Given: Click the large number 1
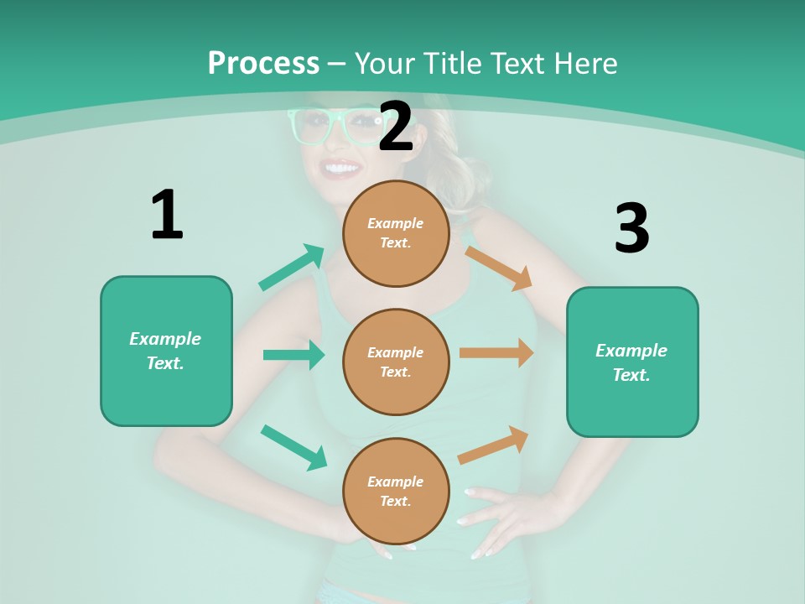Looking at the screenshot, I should click(167, 215).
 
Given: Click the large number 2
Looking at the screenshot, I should click(396, 127).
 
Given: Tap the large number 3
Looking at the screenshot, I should click(631, 228).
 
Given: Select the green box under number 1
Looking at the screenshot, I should click(166, 351).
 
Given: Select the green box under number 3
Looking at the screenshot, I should click(632, 362).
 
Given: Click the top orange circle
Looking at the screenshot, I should click(396, 233).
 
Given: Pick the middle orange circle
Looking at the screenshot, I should click(396, 362).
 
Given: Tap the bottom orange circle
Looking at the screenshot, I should click(396, 491).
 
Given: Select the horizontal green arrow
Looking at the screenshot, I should click(294, 355).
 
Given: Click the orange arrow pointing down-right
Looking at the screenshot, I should click(499, 268).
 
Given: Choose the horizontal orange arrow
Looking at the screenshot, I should click(496, 353).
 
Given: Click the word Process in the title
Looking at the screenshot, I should click(263, 63).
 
